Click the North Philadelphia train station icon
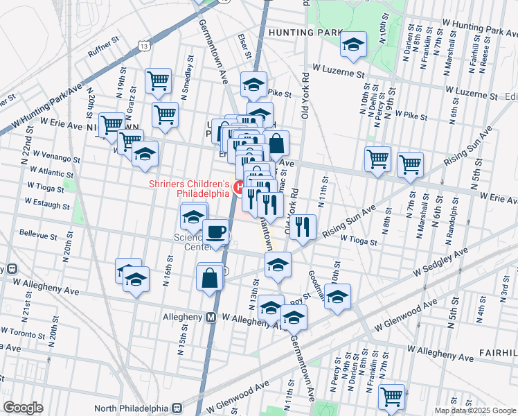pos(178,407)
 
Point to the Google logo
pos(23,408)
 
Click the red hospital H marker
pos(237,187)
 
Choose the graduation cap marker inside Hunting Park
pos(354,44)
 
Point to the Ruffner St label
pos(105,51)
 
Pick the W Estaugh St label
pos(49,201)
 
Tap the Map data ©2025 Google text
pos(474,410)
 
